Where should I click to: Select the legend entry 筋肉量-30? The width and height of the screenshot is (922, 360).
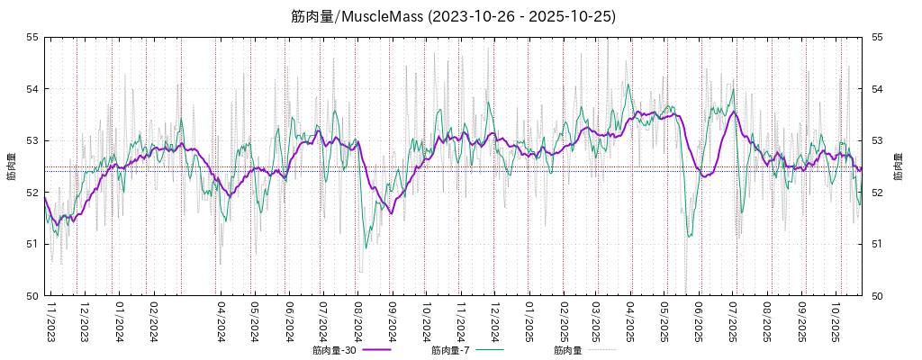(x=334, y=350)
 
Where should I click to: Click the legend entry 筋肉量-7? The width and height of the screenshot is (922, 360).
(x=450, y=350)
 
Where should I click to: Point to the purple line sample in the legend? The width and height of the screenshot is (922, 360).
(x=377, y=350)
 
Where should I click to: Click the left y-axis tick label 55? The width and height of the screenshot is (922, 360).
(x=32, y=37)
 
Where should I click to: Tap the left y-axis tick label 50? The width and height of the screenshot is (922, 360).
(x=32, y=295)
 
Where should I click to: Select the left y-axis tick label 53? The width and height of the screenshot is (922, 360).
(x=32, y=140)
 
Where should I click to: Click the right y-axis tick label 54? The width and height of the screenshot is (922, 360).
(x=874, y=89)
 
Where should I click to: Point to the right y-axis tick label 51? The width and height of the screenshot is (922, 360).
(x=874, y=244)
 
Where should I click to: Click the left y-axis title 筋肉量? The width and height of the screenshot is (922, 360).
(x=11, y=166)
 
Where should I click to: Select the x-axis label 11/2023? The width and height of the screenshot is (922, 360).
(x=50, y=321)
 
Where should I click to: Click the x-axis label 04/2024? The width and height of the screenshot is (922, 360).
(x=221, y=321)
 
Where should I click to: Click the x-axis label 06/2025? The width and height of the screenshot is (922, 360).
(x=699, y=321)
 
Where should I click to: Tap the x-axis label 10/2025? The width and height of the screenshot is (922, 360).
(x=836, y=321)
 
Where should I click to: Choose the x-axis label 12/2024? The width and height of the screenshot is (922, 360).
(x=494, y=321)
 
